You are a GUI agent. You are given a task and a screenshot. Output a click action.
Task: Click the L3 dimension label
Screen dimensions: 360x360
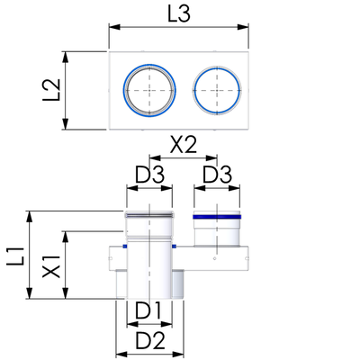pyautogui.click(x=179, y=13)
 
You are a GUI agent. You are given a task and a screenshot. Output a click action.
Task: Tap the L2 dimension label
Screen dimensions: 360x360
pyautogui.click(x=52, y=90)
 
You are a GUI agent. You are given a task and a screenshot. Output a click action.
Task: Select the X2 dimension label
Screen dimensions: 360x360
pyautogui.click(x=184, y=145)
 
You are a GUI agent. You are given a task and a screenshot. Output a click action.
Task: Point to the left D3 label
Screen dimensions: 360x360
pyautogui.click(x=149, y=175)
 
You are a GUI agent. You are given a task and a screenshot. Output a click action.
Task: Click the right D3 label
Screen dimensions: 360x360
pyautogui.click(x=218, y=175)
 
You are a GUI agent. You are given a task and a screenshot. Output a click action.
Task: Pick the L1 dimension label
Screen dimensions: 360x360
pyautogui.click(x=15, y=256)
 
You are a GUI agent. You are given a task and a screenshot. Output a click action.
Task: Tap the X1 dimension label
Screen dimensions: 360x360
pyautogui.click(x=51, y=266)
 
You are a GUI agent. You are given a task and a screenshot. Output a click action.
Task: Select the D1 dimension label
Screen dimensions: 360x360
pyautogui.click(x=148, y=310)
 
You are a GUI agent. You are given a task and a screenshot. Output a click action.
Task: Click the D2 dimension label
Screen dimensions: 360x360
pyautogui.click(x=150, y=341)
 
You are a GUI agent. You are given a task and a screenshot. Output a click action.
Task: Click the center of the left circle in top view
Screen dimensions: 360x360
pyautogui.click(x=149, y=90)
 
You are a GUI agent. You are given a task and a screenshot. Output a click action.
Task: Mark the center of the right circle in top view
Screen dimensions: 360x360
pyautogui.click(x=217, y=90)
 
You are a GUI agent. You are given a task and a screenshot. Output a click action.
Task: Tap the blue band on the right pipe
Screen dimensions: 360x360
pyautogui.click(x=217, y=217)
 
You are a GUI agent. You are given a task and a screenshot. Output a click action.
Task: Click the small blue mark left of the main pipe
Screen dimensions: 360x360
pyautogui.click(x=125, y=247)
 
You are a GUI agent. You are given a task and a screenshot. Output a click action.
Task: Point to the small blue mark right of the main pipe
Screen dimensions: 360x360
pyautogui.click(x=174, y=247)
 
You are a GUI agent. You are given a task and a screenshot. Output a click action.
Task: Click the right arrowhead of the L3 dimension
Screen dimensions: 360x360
pyautogui.click(x=243, y=27)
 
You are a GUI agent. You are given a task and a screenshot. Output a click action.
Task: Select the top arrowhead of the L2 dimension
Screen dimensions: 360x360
pyautogui.click(x=66, y=58)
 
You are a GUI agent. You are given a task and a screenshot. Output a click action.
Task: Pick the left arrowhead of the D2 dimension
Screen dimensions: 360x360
pyautogui.click(x=121, y=355)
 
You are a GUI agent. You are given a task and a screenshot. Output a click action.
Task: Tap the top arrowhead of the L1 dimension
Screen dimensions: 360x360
pyautogui.click(x=30, y=217)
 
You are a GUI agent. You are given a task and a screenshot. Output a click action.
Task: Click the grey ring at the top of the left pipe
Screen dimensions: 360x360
pyautogui.click(x=149, y=215)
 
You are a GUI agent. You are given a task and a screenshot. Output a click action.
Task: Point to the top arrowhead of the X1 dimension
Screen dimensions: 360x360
pyautogui.click(x=66, y=237)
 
